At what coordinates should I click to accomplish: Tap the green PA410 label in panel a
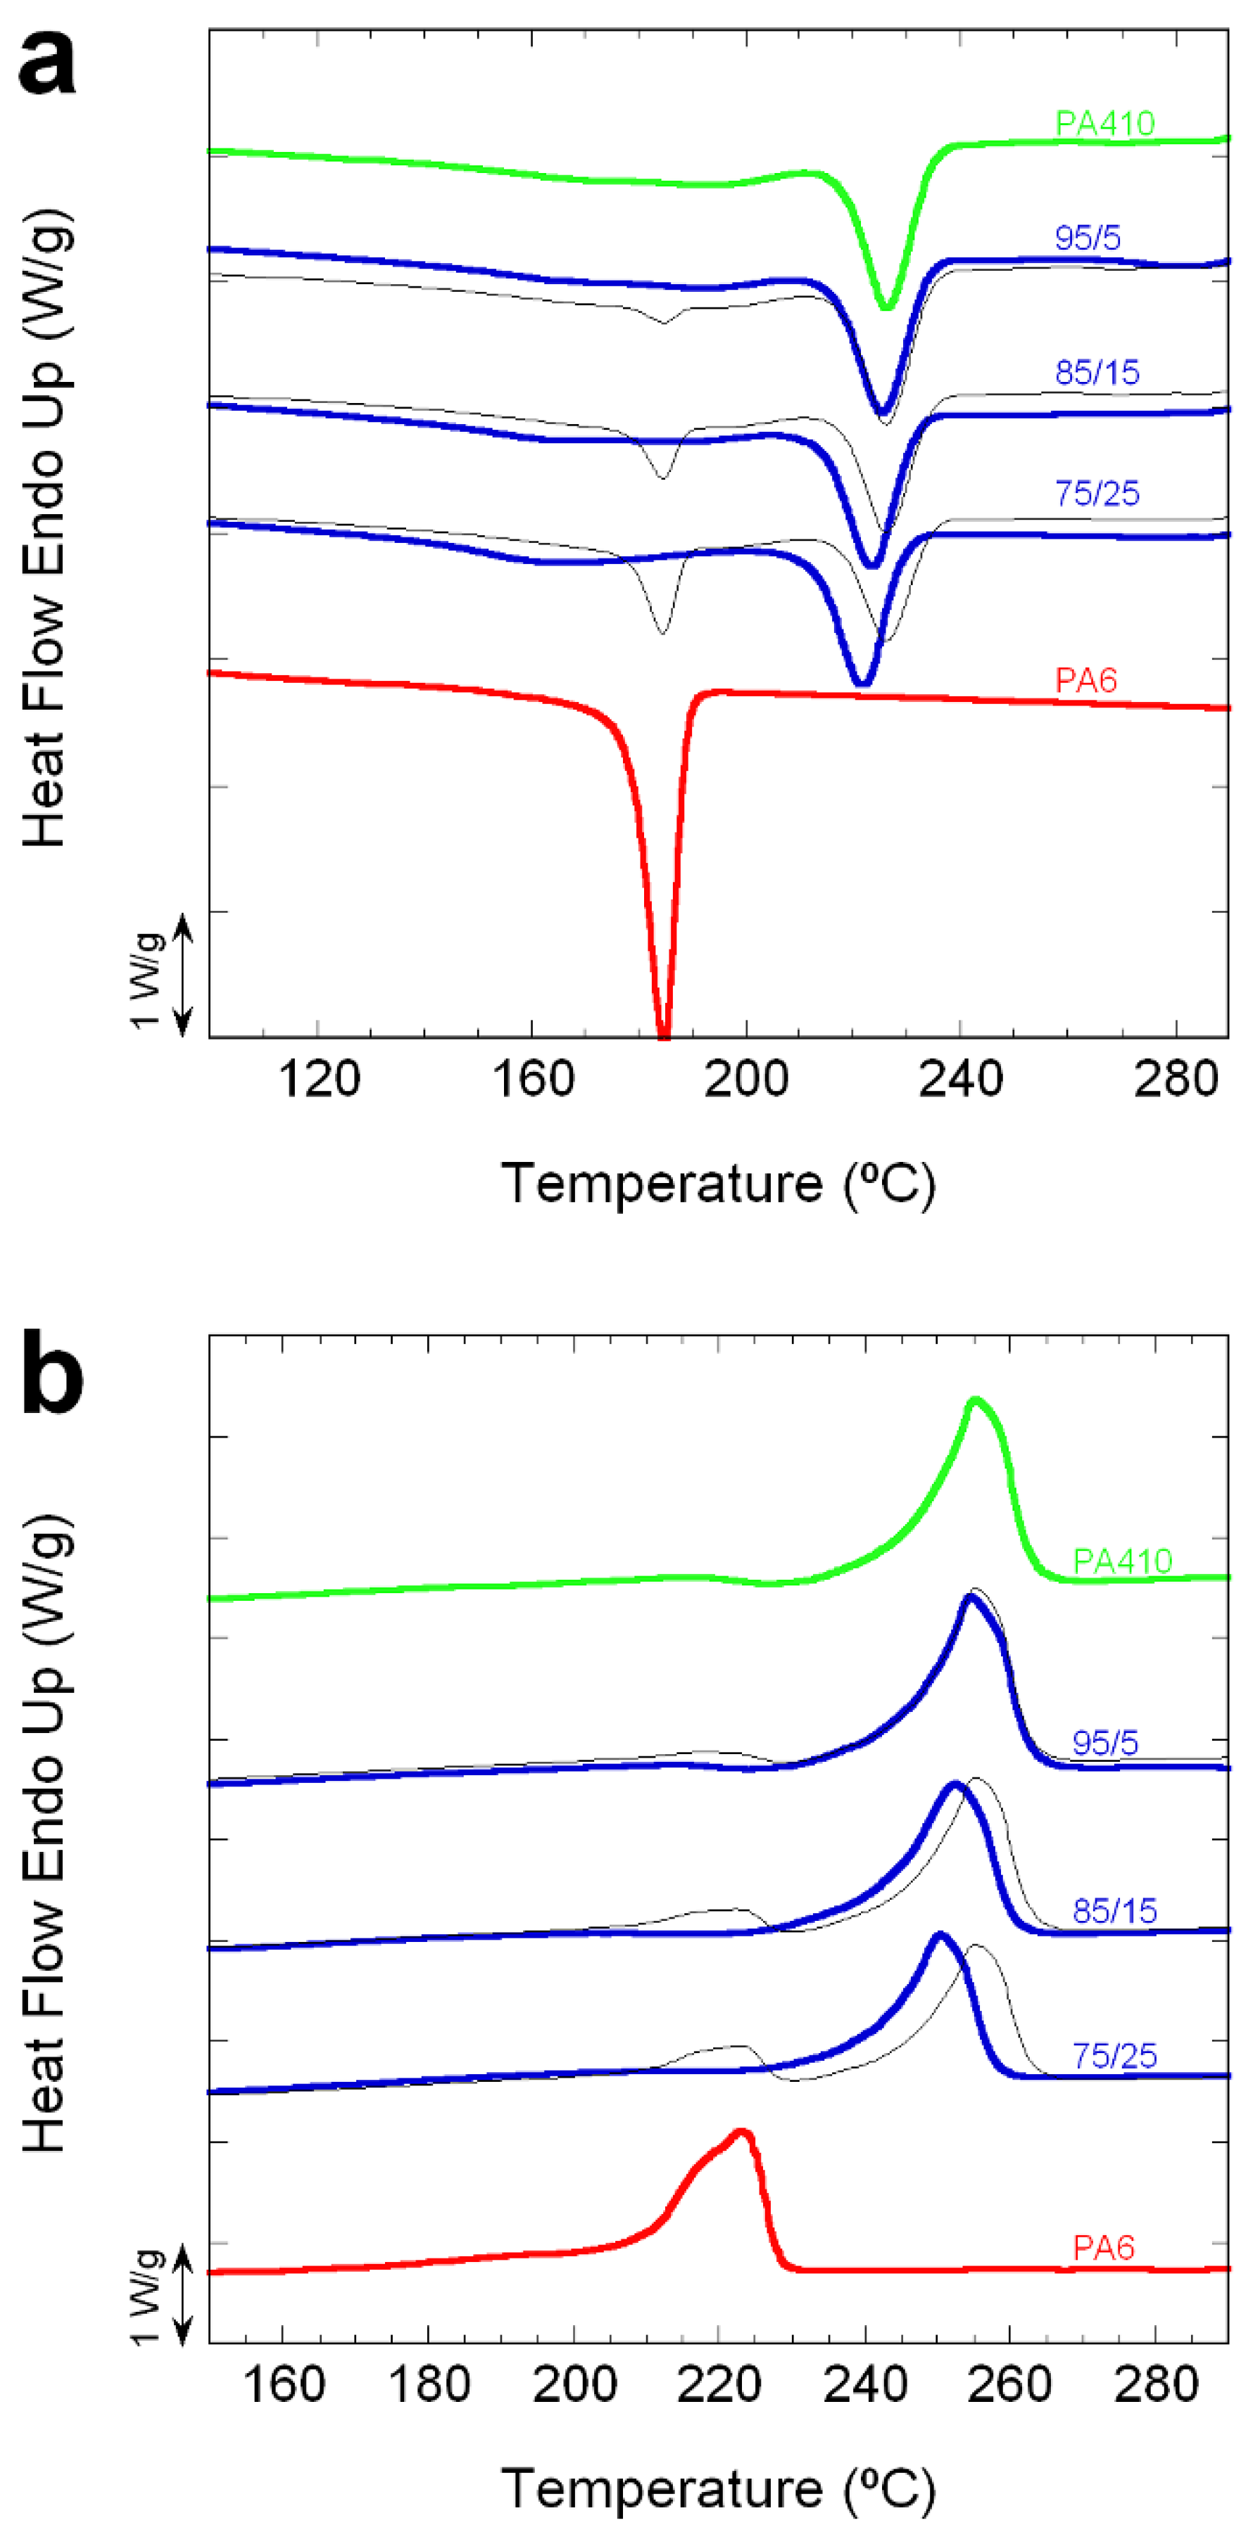point(1104,124)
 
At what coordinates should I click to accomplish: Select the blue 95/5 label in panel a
point(1087,237)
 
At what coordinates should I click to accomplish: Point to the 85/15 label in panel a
point(1097,372)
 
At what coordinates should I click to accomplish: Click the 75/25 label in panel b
point(1114,2056)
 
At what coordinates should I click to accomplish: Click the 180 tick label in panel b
point(429,2385)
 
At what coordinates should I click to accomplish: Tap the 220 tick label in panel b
point(719,2385)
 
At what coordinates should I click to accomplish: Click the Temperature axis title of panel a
point(718,1183)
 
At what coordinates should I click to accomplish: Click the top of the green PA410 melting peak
point(975,1400)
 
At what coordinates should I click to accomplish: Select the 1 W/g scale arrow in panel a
point(183,976)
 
